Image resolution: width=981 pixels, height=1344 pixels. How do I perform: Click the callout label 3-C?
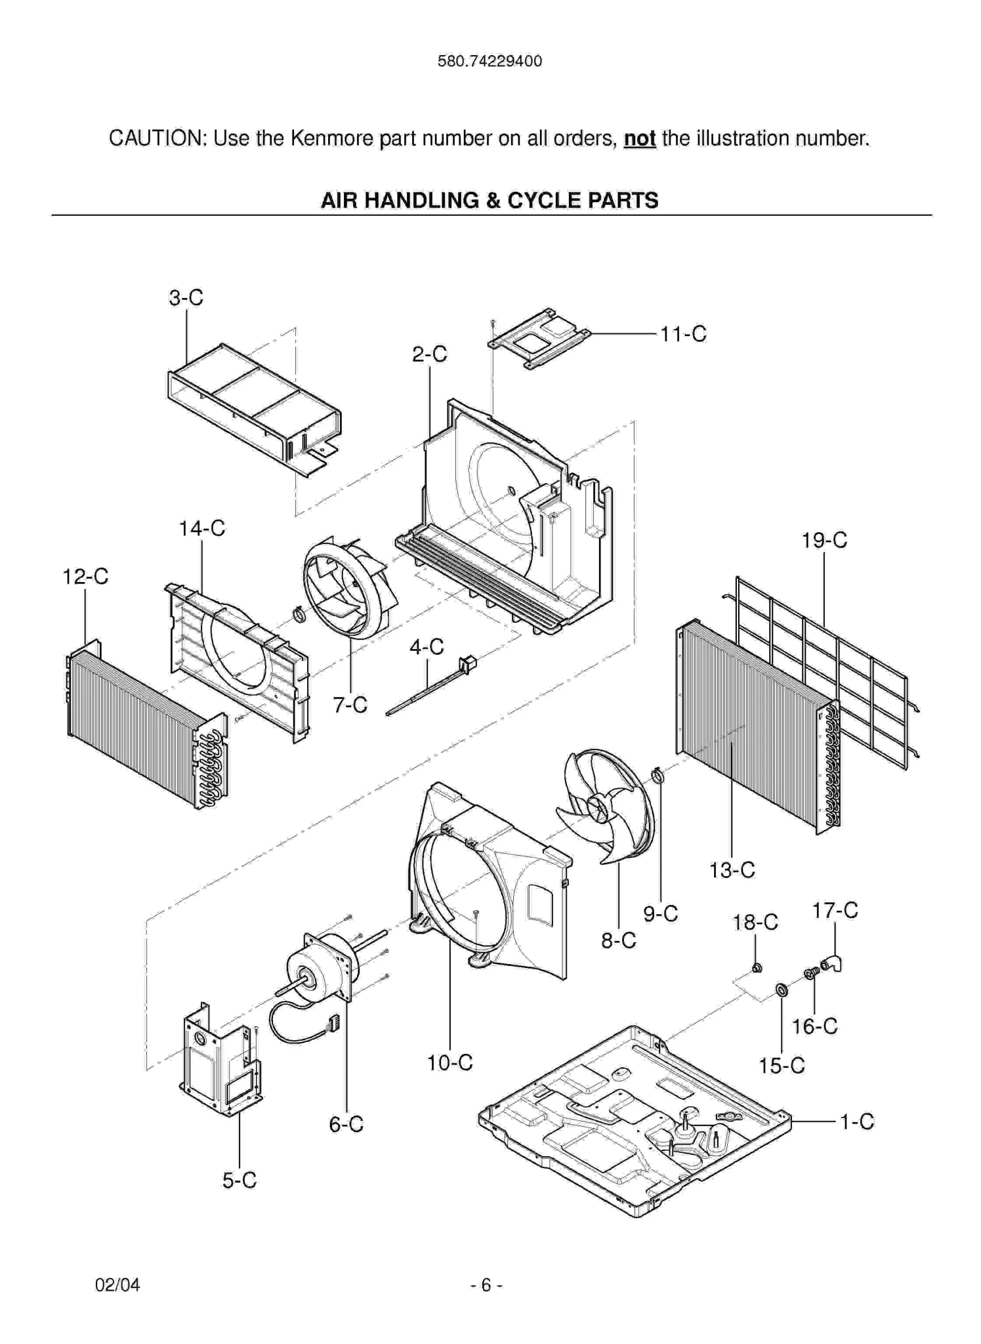(186, 297)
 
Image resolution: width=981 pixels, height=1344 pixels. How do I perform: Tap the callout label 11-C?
(682, 334)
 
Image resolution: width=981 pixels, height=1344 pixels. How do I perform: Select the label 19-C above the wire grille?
(824, 540)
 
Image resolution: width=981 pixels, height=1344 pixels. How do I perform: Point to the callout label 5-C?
(239, 1181)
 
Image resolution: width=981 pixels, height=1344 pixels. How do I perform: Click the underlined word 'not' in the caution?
(639, 138)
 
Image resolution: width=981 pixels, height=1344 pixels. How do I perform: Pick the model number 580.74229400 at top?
(490, 61)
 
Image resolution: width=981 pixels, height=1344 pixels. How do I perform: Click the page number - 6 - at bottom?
(486, 1284)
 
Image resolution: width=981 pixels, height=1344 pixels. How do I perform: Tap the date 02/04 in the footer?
(117, 1284)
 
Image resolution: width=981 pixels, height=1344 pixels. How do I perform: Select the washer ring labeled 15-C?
(782, 990)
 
